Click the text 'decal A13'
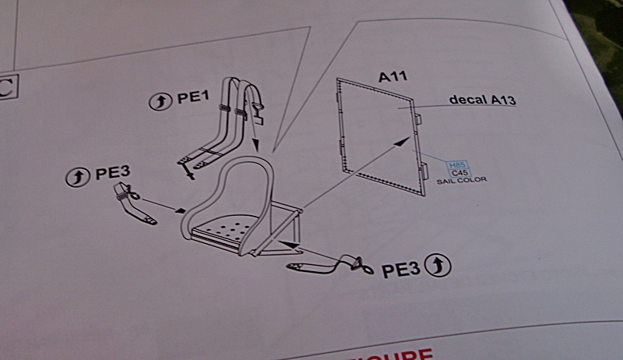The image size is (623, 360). [x=483, y=101]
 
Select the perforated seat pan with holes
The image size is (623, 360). [x=226, y=228]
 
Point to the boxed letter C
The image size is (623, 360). [x=6, y=89]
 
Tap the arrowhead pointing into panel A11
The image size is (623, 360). [x=407, y=139]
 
